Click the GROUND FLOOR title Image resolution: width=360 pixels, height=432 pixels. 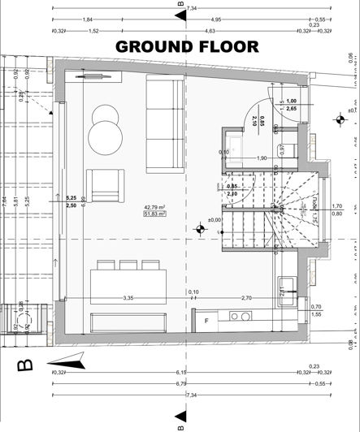coord(187,46)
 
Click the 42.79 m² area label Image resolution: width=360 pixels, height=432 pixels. coord(154,230)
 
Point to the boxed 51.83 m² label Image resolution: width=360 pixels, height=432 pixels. coord(154,238)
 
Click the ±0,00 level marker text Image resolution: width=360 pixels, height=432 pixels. coord(215,242)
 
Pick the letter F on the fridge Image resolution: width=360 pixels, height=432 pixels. coord(206,322)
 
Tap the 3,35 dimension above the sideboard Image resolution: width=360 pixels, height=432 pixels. coord(128,298)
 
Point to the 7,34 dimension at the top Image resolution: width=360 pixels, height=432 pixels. coord(192,8)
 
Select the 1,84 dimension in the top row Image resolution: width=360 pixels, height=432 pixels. coord(88,19)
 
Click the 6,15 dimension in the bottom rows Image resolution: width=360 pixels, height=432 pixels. coord(180,372)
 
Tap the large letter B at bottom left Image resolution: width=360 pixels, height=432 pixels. coord(25,365)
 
